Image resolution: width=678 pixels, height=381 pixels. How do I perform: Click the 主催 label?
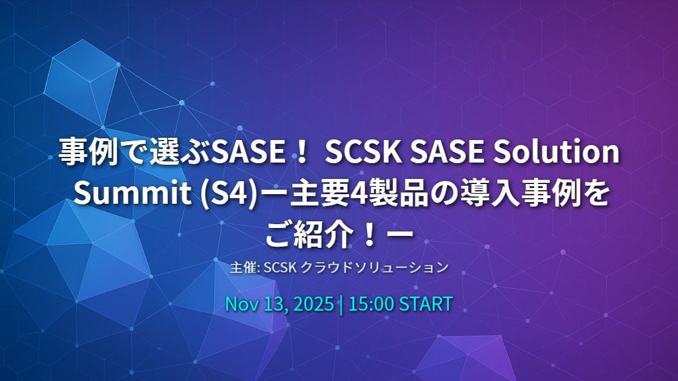coord(242,268)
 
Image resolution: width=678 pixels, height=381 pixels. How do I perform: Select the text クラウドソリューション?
coord(373,268)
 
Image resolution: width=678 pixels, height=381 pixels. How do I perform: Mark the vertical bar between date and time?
coord(341,304)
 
